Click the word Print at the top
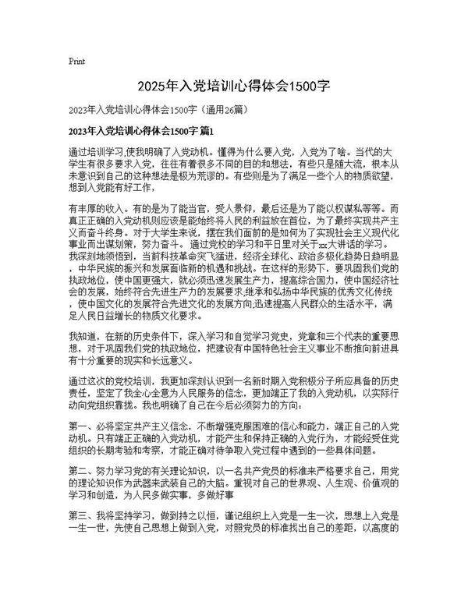76,60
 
